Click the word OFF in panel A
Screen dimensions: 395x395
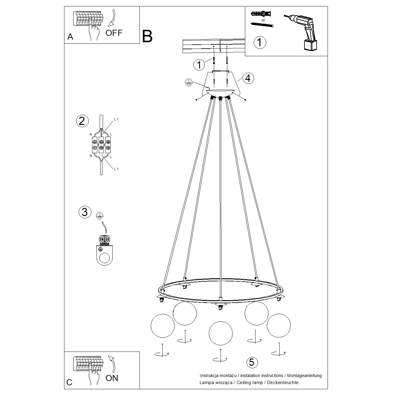[114, 33]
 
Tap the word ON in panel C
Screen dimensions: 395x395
[112, 378]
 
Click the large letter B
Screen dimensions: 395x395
[147, 36]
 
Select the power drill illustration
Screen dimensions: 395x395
[303, 30]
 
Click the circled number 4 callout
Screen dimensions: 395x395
[248, 78]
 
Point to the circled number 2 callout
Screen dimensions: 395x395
[82, 121]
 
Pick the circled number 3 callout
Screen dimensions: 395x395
[84, 212]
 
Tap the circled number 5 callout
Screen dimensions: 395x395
[251, 362]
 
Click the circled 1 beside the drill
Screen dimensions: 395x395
[259, 42]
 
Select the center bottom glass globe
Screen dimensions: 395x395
[221, 333]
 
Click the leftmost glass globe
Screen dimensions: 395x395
[163, 325]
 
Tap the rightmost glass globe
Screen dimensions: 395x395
[279, 325]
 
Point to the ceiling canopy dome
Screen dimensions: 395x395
[220, 93]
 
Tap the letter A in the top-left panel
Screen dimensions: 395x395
[70, 37]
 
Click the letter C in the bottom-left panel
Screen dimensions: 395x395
[70, 382]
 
